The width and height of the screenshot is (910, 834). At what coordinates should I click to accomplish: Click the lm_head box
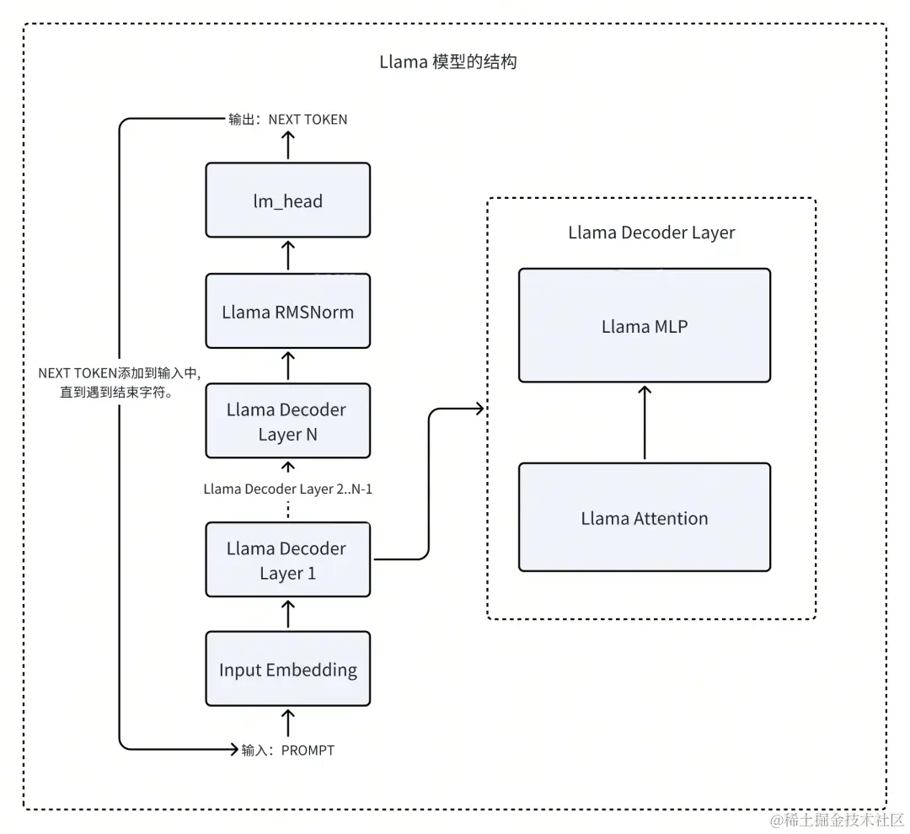tap(287, 200)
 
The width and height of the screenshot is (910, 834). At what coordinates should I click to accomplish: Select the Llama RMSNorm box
tap(287, 311)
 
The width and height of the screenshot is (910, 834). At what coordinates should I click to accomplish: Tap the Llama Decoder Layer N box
tap(287, 422)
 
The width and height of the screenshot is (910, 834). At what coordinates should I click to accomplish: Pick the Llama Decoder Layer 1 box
tap(287, 560)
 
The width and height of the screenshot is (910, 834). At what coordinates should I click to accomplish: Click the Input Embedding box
tap(287, 670)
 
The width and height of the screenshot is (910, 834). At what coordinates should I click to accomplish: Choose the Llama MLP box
tap(644, 325)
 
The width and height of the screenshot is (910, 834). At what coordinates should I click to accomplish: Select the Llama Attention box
tap(644, 517)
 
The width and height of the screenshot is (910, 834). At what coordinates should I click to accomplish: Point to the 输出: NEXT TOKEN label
tap(287, 120)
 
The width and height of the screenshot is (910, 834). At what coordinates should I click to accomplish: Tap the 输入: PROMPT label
tap(287, 750)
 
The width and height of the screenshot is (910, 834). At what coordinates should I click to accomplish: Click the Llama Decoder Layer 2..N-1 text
tap(287, 489)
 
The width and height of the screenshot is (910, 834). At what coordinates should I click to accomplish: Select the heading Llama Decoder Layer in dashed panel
tap(651, 233)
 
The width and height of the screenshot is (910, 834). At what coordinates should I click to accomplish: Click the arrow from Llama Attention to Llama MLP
tap(644, 422)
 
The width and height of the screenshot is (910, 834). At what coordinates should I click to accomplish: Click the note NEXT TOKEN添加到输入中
tap(118, 382)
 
